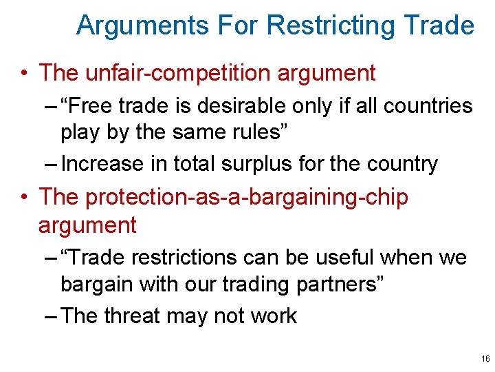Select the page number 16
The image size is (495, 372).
coord(485,359)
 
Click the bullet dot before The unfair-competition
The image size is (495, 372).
coord(25,73)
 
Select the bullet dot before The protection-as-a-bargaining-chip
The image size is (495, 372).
coord(25,198)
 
